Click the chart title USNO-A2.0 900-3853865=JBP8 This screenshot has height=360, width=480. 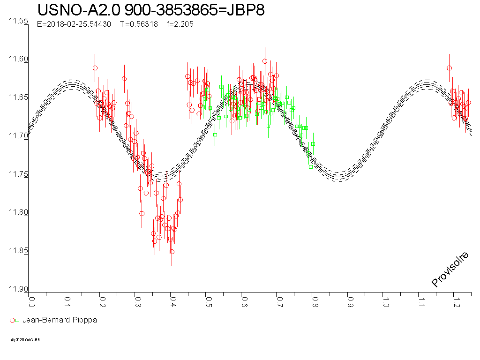151,10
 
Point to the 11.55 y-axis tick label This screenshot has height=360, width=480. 18,22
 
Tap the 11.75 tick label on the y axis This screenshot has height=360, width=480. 18,174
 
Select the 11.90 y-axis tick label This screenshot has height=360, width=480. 18,289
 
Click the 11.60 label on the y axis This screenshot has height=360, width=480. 18,60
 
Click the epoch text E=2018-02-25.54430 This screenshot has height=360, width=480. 74,24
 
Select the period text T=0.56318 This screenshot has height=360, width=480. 139,24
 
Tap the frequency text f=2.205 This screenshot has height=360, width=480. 180,24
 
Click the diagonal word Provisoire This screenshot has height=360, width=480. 450,269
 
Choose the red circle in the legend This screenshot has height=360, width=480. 12,321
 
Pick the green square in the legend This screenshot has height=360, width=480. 17,321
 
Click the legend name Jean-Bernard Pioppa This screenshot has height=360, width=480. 60,320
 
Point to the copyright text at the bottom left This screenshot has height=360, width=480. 25,340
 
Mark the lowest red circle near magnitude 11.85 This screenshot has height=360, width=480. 172,252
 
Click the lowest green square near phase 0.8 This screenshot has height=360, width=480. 311,166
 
